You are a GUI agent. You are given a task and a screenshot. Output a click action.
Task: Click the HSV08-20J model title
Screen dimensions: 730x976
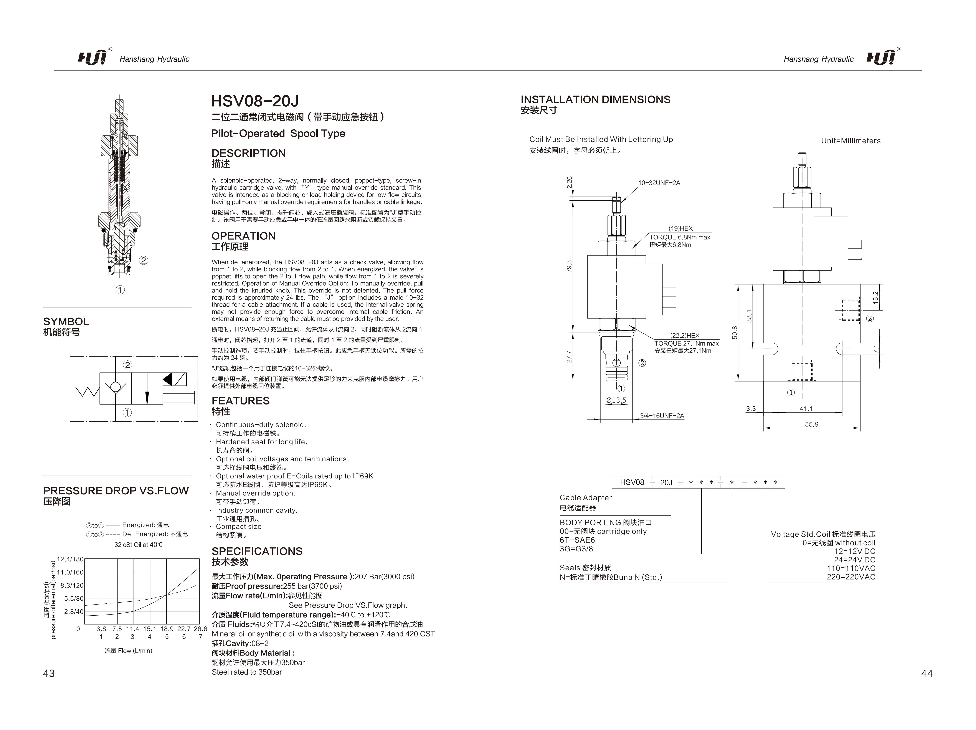point(255,101)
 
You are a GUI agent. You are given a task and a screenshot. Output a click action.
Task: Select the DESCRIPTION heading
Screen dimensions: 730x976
point(248,153)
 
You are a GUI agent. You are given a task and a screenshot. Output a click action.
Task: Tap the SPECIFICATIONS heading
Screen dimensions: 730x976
point(257,551)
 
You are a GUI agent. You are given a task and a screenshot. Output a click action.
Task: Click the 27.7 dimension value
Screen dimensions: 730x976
point(569,357)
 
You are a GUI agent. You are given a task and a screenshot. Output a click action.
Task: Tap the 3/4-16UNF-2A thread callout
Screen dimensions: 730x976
point(662,416)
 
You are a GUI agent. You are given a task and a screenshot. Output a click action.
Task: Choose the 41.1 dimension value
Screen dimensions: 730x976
point(806,409)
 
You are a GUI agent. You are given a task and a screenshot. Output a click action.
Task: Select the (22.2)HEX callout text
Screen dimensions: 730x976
point(685,335)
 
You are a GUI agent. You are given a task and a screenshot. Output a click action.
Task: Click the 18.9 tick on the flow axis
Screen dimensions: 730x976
point(167,629)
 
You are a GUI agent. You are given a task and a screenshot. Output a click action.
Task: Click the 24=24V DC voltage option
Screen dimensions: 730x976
point(854,560)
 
